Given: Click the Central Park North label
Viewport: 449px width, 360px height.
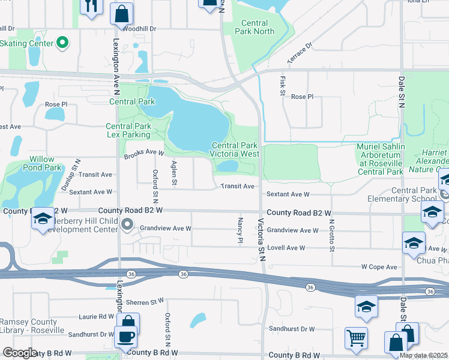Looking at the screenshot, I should (x=258, y=28).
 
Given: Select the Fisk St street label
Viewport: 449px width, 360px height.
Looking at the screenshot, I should (x=282, y=85).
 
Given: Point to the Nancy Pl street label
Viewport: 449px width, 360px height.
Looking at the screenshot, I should (x=240, y=231).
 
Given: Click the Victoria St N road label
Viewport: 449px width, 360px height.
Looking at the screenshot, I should (x=262, y=238).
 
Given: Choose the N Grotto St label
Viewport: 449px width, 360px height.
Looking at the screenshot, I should (x=331, y=235).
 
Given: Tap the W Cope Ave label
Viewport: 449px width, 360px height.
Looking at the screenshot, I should (x=379, y=267).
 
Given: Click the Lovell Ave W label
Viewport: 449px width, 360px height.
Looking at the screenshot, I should (x=286, y=248).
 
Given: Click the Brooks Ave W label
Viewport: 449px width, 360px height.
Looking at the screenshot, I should (x=144, y=154).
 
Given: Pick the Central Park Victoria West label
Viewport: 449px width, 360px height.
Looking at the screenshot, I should (x=235, y=149).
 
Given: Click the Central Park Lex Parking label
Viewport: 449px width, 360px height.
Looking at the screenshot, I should (x=128, y=131).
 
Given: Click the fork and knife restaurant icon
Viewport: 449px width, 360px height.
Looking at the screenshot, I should (x=91, y=7).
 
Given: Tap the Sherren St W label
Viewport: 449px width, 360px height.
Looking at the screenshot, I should (x=144, y=301).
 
